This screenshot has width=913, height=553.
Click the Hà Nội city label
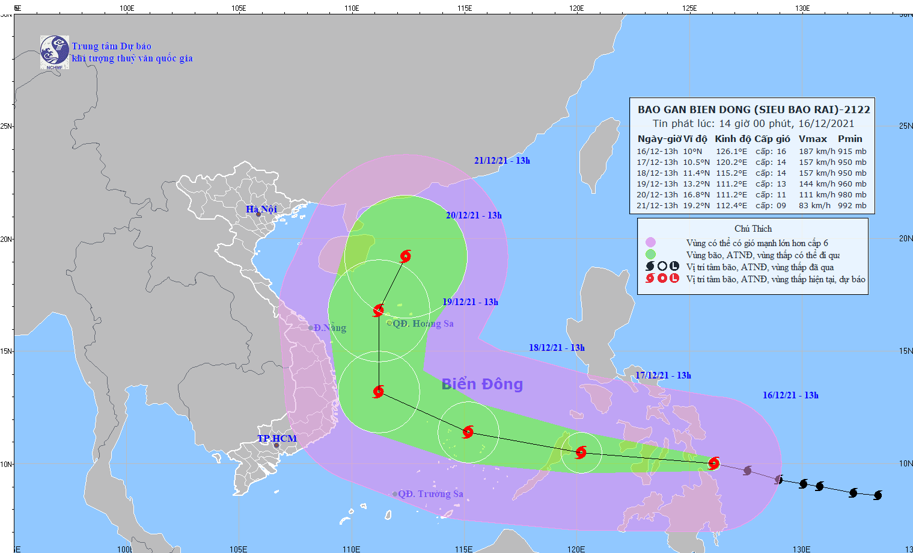tap(261, 209)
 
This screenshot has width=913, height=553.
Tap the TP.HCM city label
tap(277, 438)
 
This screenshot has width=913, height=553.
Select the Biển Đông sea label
tap(482, 384)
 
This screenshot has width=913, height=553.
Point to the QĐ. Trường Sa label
tap(430, 494)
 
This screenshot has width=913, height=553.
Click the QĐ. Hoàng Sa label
tap(423, 324)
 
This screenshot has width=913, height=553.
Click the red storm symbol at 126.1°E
tap(713, 463)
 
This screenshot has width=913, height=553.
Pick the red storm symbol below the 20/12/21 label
tap(406, 256)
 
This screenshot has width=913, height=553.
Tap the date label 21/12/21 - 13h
tap(502, 161)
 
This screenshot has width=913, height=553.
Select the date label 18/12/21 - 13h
tap(557, 348)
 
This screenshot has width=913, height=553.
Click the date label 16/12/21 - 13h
tap(790, 395)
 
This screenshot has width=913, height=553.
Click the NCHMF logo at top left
tap(55, 52)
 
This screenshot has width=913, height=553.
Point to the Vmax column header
tap(813, 138)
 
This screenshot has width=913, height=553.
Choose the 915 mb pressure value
tap(852, 152)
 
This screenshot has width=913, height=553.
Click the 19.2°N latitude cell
tap(696, 206)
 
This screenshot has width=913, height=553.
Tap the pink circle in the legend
tap(650, 243)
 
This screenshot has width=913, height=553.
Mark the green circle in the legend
tap(650, 255)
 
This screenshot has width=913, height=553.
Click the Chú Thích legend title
tap(753, 229)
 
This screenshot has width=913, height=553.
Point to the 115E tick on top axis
tap(464, 8)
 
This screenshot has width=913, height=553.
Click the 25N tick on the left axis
tap(6, 126)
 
